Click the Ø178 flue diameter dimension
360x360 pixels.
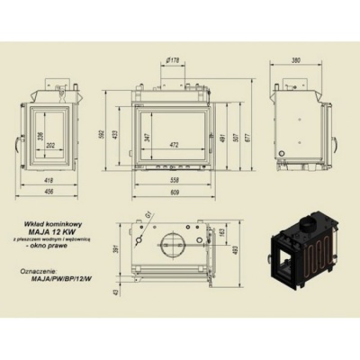174,61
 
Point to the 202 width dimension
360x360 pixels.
51,146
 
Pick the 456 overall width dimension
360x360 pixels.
49,192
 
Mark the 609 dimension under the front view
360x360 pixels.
175,192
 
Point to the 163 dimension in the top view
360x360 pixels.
223,233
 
